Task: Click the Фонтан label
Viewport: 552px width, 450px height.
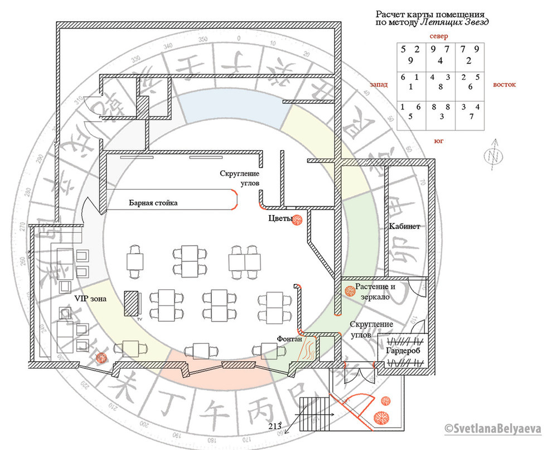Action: [x=289, y=339]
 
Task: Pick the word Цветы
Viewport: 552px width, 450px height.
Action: [x=280, y=219]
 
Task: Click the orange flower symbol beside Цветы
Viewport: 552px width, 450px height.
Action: [x=298, y=219]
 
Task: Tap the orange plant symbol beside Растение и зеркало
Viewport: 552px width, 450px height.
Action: [x=350, y=290]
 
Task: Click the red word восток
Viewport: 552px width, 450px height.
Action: [x=504, y=85]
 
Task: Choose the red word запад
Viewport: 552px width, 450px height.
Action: [x=378, y=85]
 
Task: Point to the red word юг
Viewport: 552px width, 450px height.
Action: [x=438, y=141]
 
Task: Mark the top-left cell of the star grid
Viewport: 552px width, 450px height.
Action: [x=410, y=56]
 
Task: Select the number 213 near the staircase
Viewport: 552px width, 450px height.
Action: [x=274, y=427]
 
